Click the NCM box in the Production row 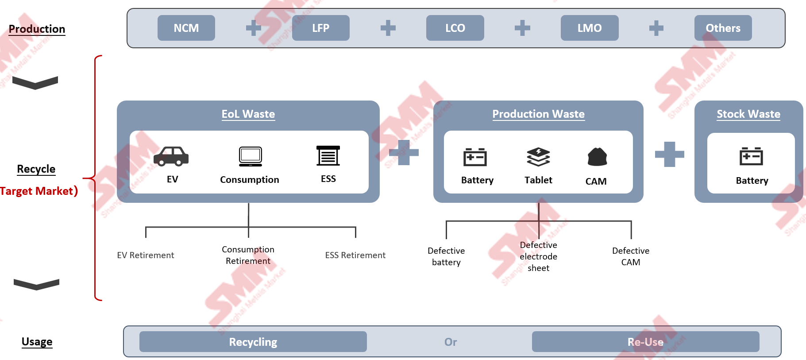point(186,28)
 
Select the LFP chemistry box point(320,28)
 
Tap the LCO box point(455,28)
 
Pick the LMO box point(589,28)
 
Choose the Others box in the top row point(723,28)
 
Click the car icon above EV point(171,156)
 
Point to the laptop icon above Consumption point(251,156)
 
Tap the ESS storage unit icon point(328,155)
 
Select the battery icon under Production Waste point(475,157)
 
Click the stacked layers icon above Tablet point(538,157)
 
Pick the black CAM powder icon point(597,157)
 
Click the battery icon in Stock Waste point(751,156)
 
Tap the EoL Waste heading point(248,114)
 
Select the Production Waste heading point(538,114)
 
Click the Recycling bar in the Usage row point(253,342)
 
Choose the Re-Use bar point(645,342)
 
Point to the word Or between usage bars point(451,342)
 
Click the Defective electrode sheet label point(538,256)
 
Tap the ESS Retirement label point(355,255)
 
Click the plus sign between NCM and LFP point(254,28)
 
